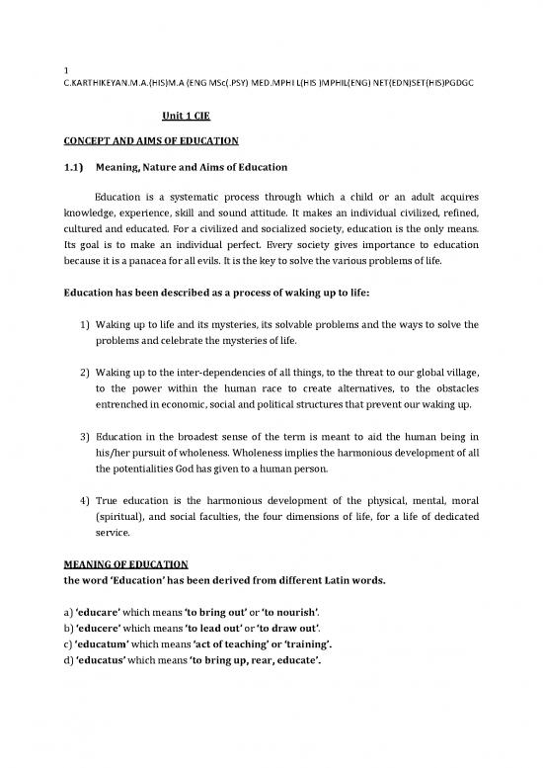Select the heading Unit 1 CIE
pyautogui.click(x=187, y=116)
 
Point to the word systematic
pyautogui.click(x=199, y=196)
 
